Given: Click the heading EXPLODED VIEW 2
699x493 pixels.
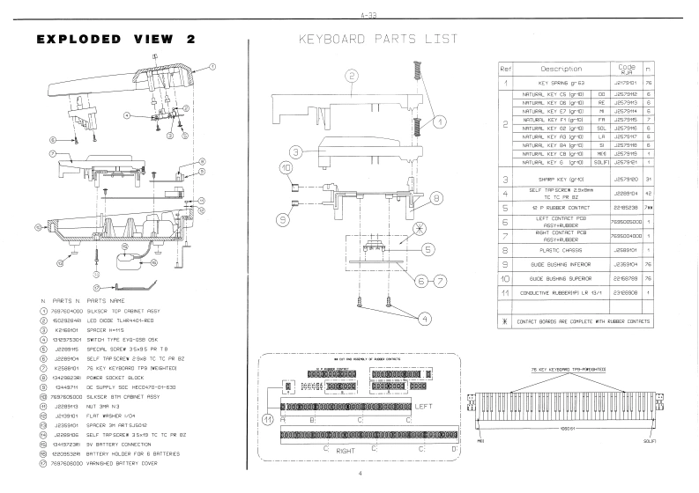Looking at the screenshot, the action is [115, 40].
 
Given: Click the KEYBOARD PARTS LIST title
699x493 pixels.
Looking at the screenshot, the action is [378, 39].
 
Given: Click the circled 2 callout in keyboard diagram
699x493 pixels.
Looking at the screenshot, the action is [351, 77].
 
